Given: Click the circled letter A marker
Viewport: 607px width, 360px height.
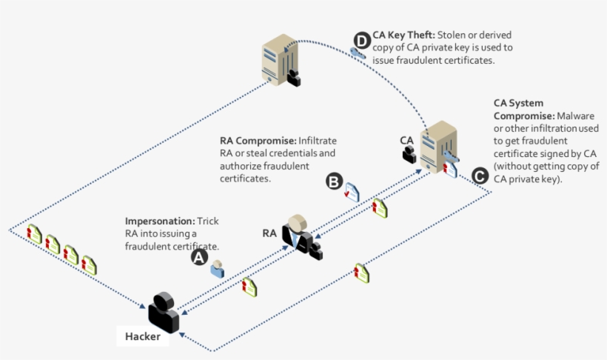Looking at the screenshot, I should tap(199, 257).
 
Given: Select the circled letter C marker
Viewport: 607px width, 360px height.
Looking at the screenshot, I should tap(479, 176).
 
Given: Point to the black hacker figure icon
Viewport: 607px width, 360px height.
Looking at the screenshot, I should tap(164, 312).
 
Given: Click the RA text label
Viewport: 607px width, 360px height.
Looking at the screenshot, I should tap(269, 233).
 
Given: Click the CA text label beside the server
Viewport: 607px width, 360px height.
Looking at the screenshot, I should tap(406, 139).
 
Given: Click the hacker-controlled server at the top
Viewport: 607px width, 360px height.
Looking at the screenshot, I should tap(278, 63).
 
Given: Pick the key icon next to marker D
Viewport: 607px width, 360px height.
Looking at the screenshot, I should tap(358, 53).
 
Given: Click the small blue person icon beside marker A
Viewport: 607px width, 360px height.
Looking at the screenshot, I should tap(217, 268).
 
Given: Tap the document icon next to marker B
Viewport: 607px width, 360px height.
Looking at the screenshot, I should tap(352, 191).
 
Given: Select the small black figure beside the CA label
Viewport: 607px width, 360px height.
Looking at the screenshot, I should tap(409, 154).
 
